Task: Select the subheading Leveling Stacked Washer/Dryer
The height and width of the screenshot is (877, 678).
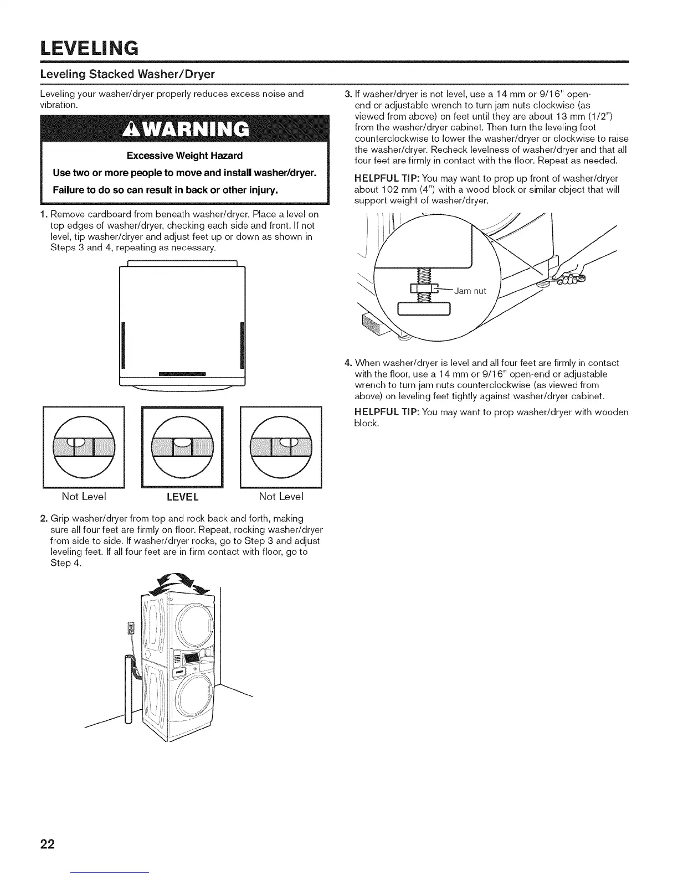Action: coord(127,74)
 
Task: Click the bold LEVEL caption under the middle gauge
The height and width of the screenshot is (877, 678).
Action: coord(182,497)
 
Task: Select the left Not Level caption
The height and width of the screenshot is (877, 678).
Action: coord(84,496)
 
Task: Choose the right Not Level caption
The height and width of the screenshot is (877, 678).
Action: coord(281,496)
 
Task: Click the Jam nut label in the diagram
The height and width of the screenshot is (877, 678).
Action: coord(470,291)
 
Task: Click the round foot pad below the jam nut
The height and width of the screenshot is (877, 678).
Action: coord(425,308)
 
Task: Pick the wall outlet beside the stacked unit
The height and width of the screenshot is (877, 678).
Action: coord(131,628)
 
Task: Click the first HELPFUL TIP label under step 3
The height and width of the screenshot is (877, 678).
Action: coord(387,178)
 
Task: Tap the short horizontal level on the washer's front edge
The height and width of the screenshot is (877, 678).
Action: coord(182,374)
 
